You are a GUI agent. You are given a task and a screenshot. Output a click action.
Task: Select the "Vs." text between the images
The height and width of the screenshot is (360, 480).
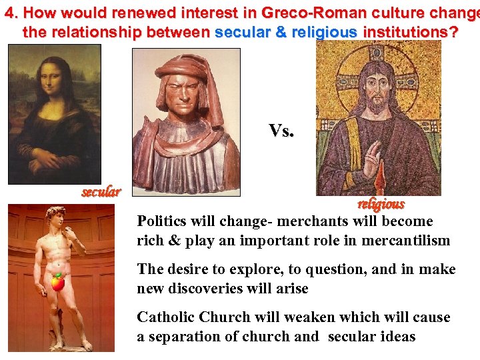(x=281, y=131)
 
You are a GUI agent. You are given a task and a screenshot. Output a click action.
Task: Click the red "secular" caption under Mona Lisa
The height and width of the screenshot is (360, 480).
(x=101, y=193)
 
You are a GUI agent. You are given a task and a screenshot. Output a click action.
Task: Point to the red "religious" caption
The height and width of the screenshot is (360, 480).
(x=381, y=204)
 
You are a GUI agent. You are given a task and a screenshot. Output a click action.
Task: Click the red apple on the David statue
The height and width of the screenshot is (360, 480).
(x=58, y=283)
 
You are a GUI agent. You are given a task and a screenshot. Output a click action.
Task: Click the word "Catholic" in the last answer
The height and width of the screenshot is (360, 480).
(x=167, y=317)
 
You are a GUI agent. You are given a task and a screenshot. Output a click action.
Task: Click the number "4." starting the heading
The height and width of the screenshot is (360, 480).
(x=12, y=13)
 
